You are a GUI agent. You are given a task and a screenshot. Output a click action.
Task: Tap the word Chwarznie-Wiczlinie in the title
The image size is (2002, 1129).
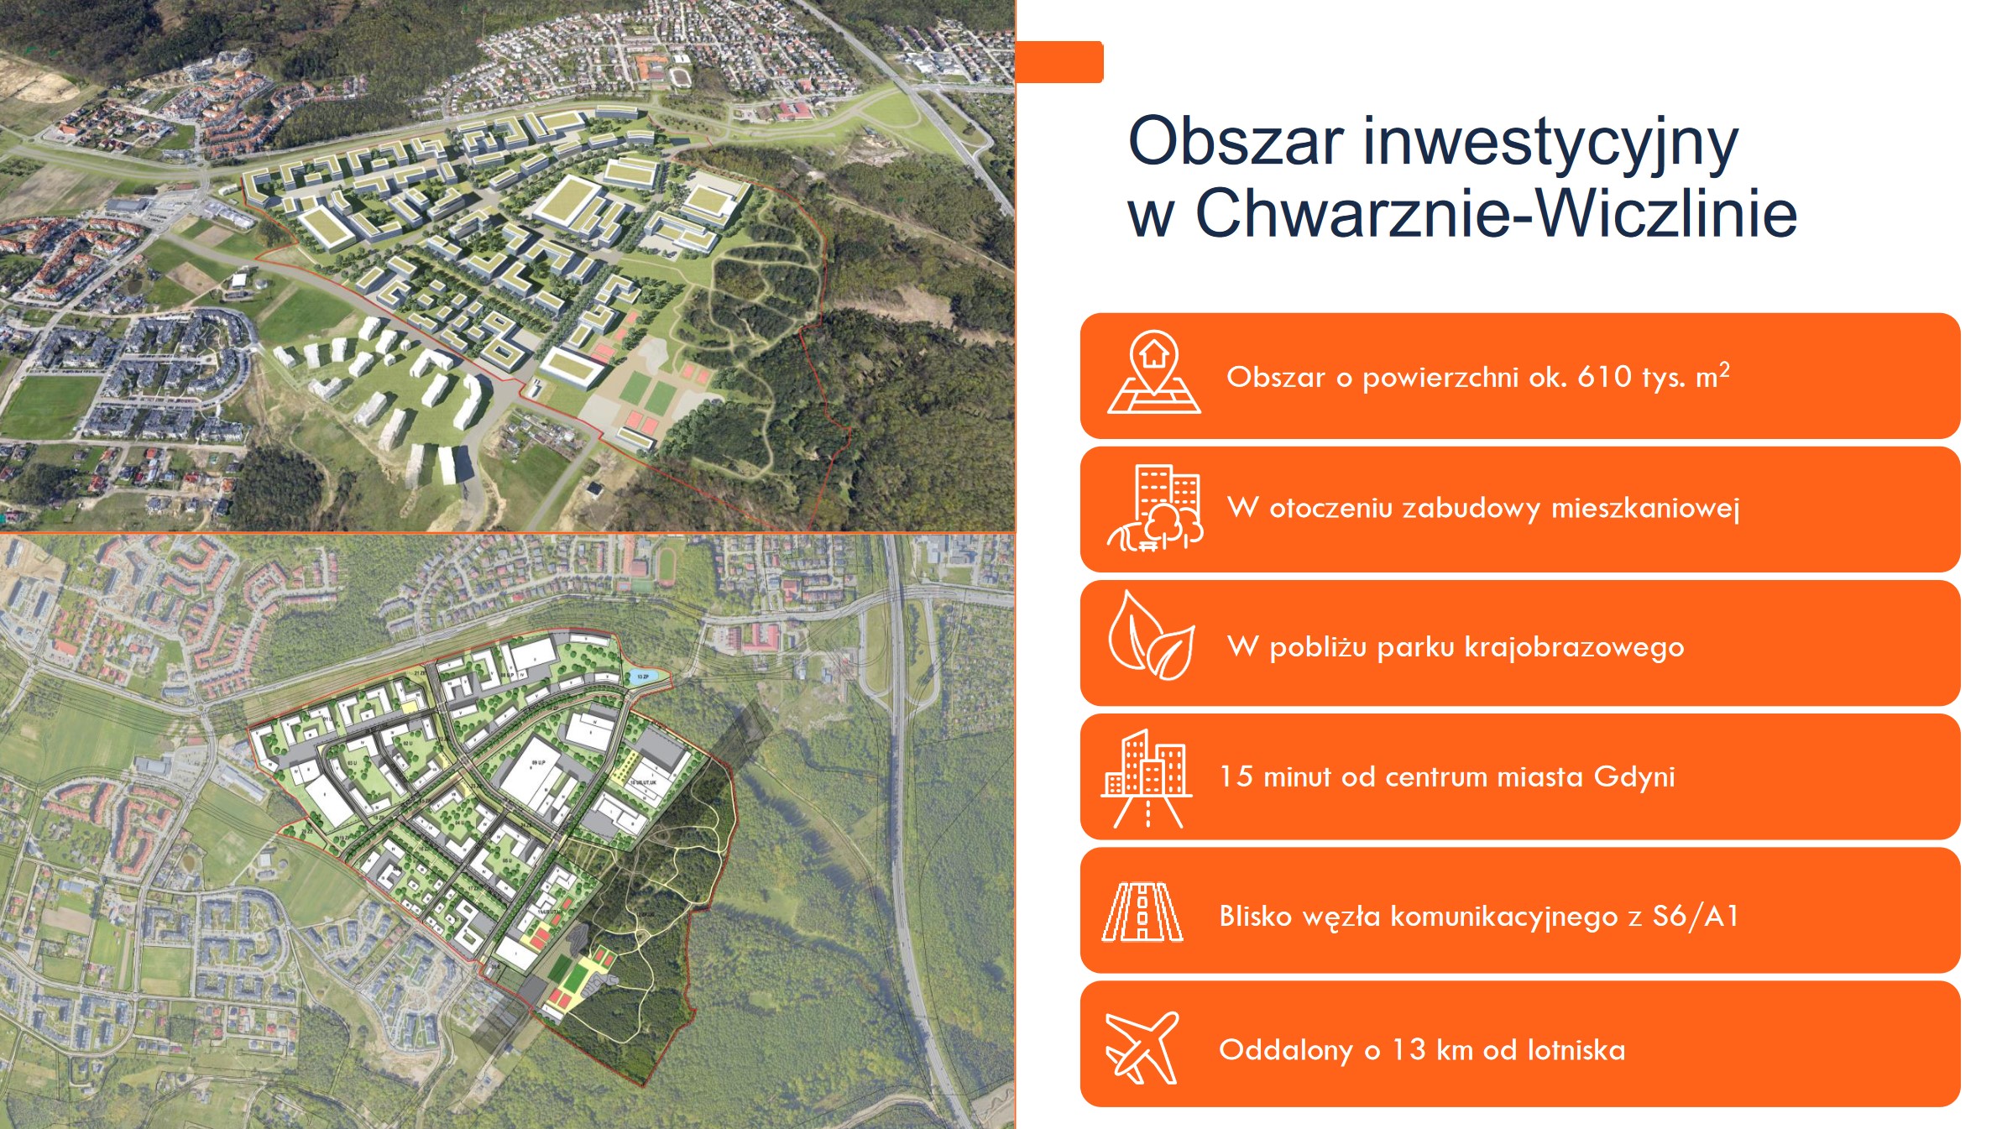(1495, 213)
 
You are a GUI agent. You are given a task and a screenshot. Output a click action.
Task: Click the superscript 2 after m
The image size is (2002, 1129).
(1724, 368)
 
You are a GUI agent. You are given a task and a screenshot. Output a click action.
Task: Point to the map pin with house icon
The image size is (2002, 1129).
(1154, 372)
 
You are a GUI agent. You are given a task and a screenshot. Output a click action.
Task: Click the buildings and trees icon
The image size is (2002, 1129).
(1155, 508)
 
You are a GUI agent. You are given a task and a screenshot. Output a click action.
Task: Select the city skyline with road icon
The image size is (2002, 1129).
(1147, 778)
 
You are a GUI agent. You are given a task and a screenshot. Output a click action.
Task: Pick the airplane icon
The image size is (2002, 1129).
(1142, 1048)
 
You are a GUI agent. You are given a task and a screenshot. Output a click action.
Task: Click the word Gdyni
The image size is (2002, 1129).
(1633, 776)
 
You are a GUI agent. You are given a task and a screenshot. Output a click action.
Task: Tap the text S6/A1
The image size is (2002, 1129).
(1695, 915)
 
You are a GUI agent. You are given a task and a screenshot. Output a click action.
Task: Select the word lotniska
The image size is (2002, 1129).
(1576, 1049)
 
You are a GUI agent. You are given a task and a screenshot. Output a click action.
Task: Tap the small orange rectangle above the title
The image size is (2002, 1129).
(1059, 62)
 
